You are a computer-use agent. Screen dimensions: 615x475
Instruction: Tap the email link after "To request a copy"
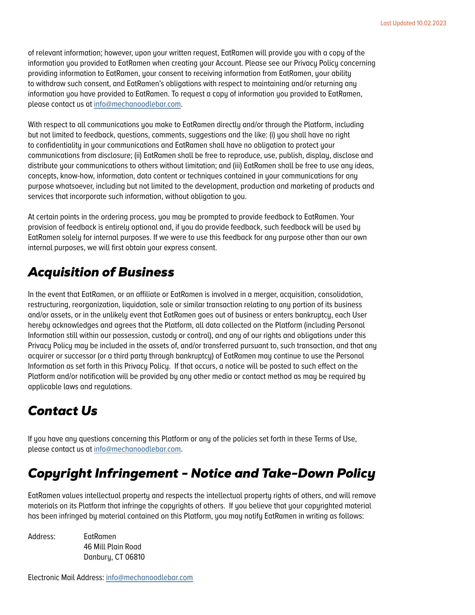[137, 104]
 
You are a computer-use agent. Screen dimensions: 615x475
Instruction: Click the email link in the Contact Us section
[137, 449]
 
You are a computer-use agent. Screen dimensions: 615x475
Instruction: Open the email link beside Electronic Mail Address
[149, 578]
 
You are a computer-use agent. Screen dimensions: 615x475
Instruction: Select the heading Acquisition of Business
[101, 272]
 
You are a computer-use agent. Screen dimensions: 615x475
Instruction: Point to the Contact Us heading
[62, 411]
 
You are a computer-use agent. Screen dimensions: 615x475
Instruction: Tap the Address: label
[42, 537]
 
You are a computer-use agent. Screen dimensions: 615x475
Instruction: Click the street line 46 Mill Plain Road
[112, 547]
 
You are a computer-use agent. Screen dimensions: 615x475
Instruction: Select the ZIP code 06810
[135, 557]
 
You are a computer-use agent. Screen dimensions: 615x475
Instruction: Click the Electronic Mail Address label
[66, 578]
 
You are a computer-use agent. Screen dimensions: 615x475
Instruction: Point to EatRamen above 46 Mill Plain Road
[100, 537]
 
